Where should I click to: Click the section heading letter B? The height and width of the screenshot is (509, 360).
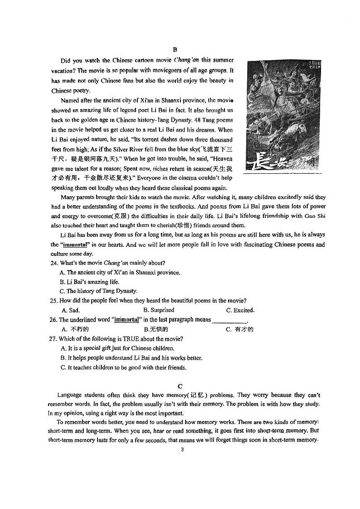tap(175, 50)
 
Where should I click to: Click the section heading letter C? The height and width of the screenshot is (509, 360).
tap(180, 386)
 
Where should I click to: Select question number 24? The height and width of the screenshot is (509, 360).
tap(54, 263)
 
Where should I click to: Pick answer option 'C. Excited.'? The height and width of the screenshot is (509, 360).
tap(240, 310)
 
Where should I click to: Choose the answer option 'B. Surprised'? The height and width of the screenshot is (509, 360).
tap(159, 310)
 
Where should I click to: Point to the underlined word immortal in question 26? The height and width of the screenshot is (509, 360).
tap(126, 320)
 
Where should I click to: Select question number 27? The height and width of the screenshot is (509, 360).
tap(54, 339)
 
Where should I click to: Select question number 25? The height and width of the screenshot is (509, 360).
tap(54, 301)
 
